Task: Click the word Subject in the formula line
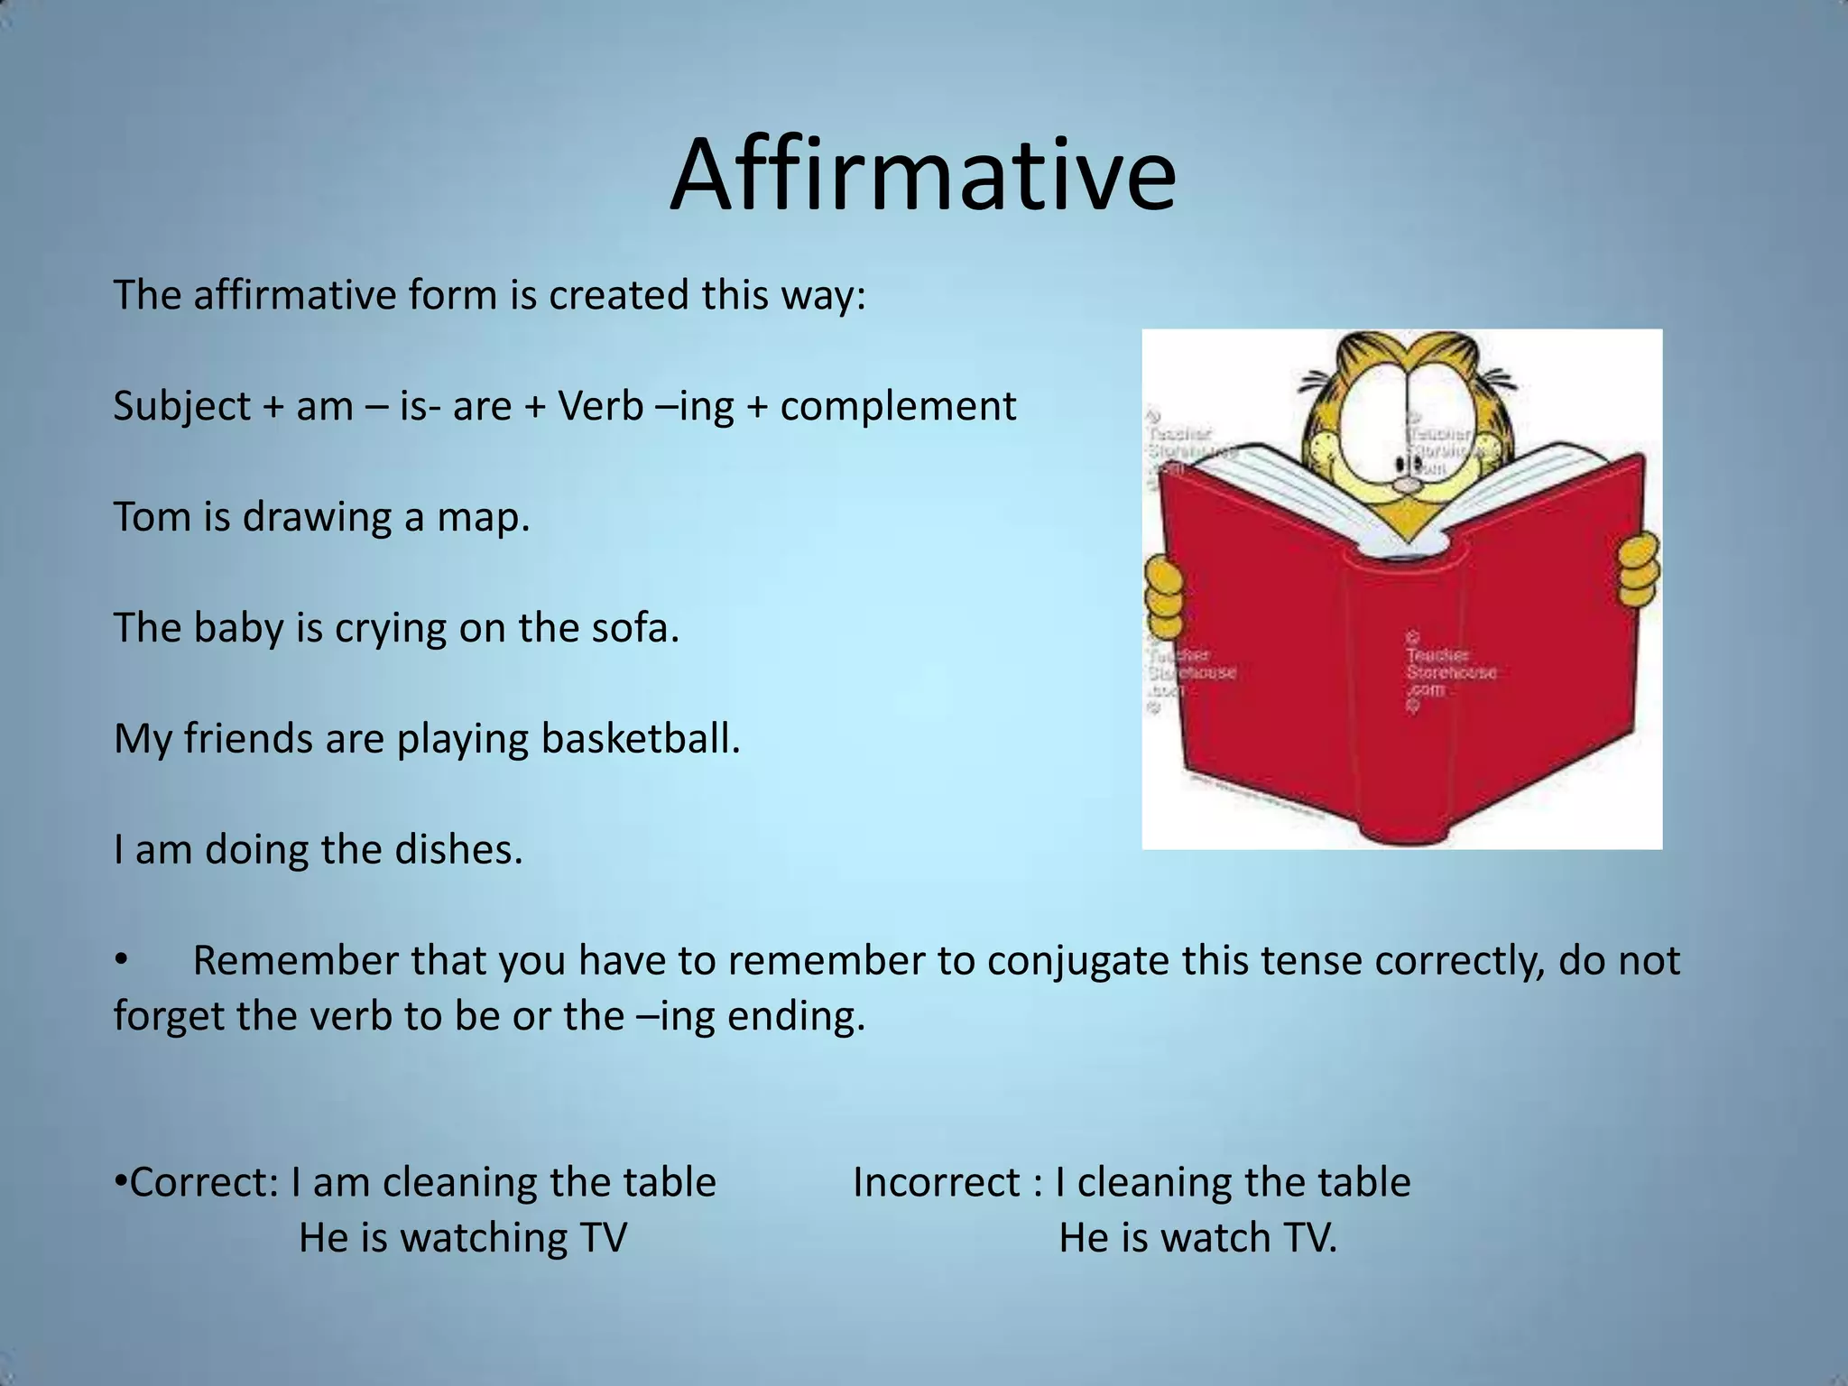coord(182,407)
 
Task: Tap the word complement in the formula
coord(898,407)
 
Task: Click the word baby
coord(239,628)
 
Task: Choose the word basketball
coord(641,738)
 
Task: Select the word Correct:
coord(205,1182)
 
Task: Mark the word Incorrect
coord(936,1182)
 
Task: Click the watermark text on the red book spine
coord(1450,672)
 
